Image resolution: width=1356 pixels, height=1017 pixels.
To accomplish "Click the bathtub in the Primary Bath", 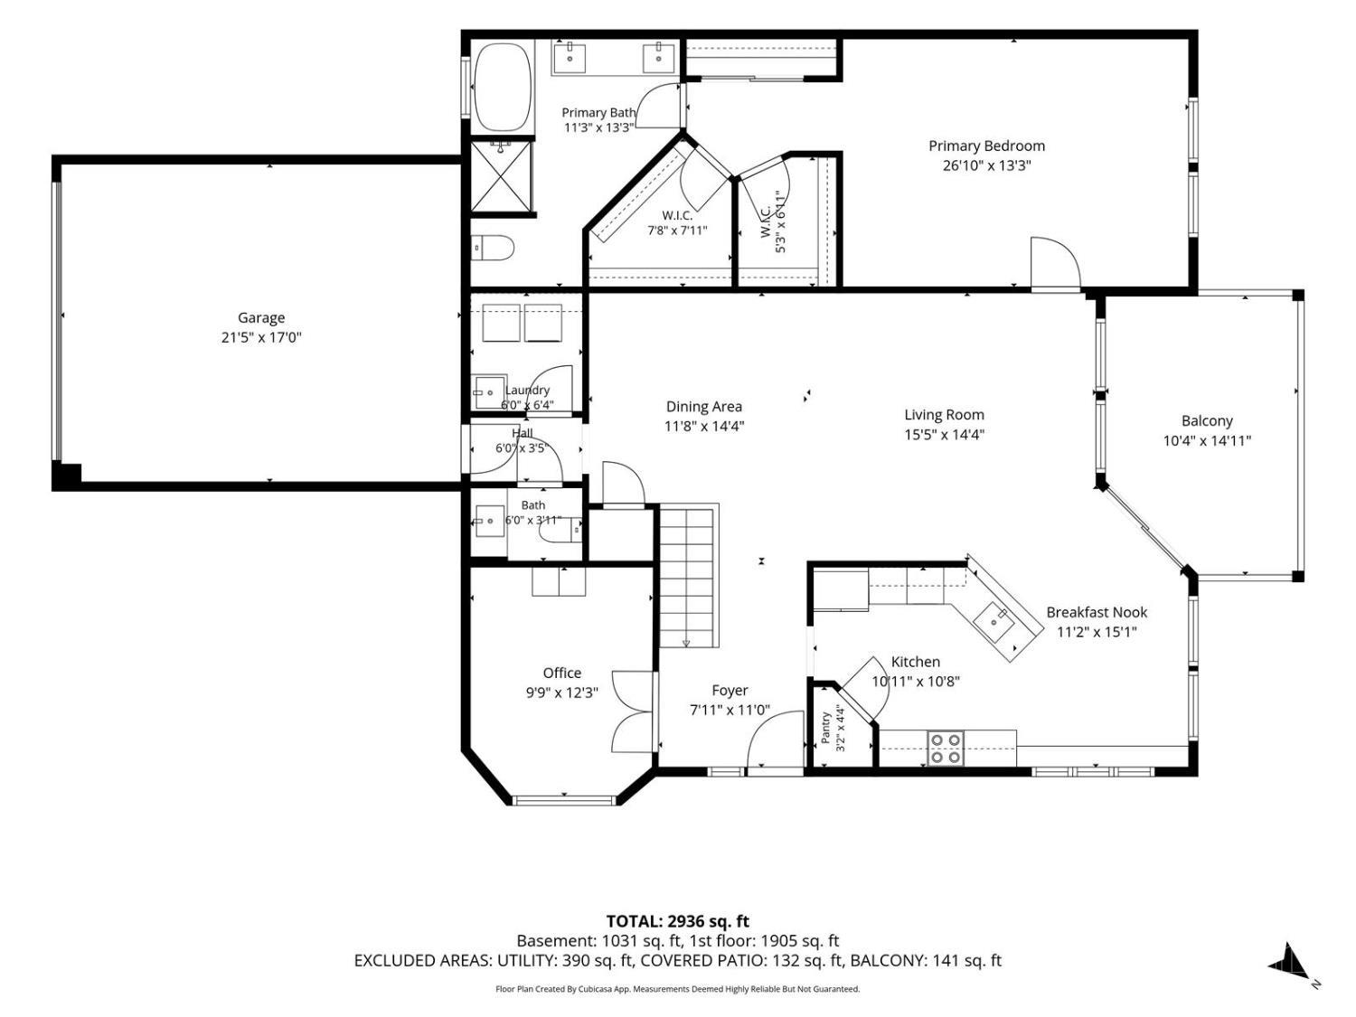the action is pyautogui.click(x=502, y=87).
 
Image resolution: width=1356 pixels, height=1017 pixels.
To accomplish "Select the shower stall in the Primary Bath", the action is pyautogui.click(x=501, y=176).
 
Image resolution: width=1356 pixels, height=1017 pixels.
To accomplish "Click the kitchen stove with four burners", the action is pyautogui.click(x=945, y=748).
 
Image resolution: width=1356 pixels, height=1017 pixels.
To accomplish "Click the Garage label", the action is pyautogui.click(x=261, y=317).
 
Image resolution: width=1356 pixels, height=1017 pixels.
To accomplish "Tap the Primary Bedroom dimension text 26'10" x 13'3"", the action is pyautogui.click(x=986, y=165).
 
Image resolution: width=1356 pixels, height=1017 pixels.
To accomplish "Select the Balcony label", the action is pyautogui.click(x=1207, y=420).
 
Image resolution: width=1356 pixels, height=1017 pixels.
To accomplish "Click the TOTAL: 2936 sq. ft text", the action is pyautogui.click(x=678, y=921).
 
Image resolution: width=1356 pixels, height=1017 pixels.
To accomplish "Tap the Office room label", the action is pyautogui.click(x=561, y=673).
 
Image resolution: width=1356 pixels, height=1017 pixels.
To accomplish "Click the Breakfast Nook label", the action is pyautogui.click(x=1097, y=612).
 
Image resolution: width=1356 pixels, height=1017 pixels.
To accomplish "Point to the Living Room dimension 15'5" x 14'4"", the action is pyautogui.click(x=944, y=434).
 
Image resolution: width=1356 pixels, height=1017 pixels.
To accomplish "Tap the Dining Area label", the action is pyautogui.click(x=703, y=406).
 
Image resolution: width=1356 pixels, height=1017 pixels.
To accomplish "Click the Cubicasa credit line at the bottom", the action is pyautogui.click(x=678, y=989).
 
